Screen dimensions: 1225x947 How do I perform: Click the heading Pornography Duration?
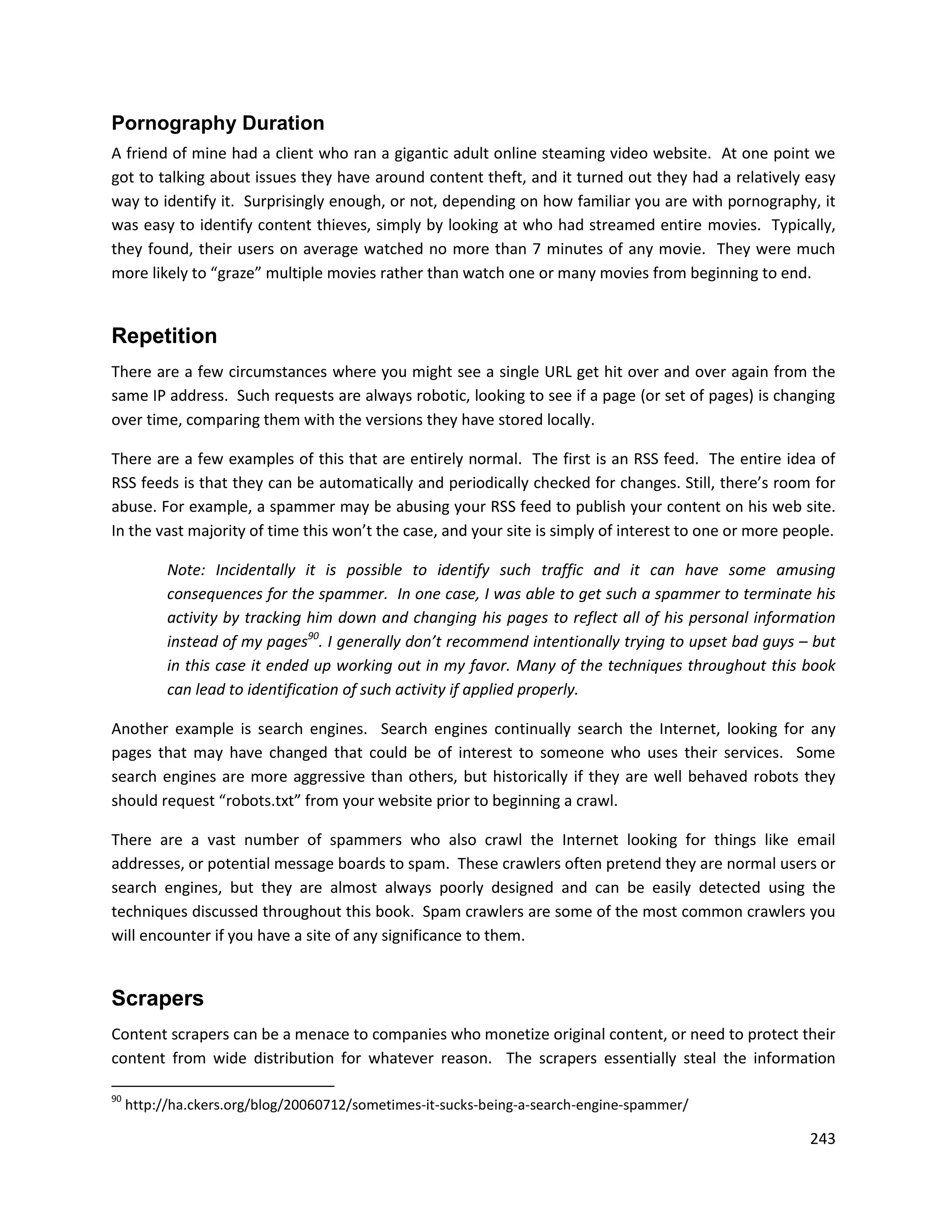tap(218, 123)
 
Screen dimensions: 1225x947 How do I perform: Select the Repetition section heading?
tap(164, 336)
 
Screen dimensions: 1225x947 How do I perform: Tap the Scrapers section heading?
tap(157, 999)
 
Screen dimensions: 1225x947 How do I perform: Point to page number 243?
tap(823, 1139)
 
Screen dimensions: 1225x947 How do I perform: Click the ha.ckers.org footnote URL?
tap(406, 1105)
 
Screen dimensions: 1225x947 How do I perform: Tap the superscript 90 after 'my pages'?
tap(313, 636)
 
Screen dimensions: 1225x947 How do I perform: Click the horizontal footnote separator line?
tap(223, 1086)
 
